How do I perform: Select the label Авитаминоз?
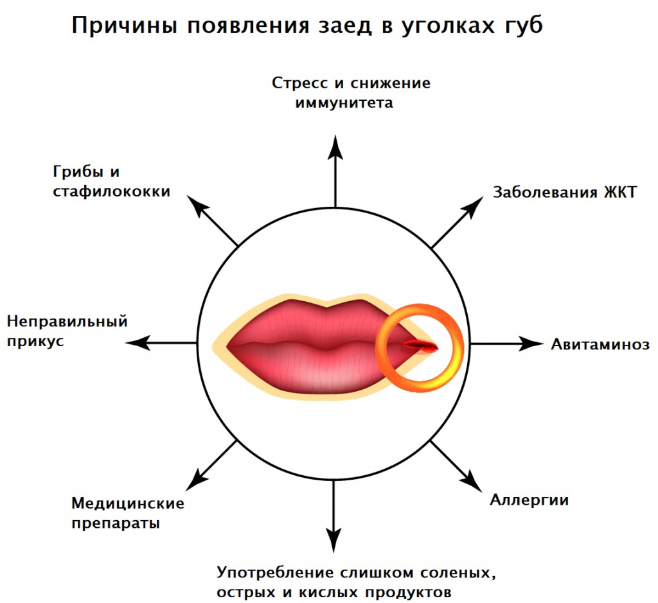[x=600, y=344]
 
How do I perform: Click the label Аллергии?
[x=529, y=500]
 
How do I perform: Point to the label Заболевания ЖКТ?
[x=565, y=192]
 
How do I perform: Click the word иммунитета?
[x=344, y=103]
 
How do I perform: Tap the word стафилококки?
[x=112, y=191]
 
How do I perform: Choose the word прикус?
[x=36, y=342]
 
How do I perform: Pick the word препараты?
[x=116, y=524]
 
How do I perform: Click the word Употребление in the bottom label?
[x=275, y=573]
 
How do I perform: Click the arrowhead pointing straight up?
[x=335, y=148]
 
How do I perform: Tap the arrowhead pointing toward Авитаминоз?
[x=531, y=344]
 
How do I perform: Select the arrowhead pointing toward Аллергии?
[x=472, y=482]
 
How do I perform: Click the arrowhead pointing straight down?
[x=333, y=540]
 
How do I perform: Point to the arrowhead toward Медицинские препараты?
[x=197, y=480]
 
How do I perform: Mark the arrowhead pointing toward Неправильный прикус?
[x=138, y=343]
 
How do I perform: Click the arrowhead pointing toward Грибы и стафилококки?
[x=197, y=205]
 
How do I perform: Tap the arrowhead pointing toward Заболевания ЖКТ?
[x=473, y=207]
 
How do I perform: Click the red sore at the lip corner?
[x=420, y=345]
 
